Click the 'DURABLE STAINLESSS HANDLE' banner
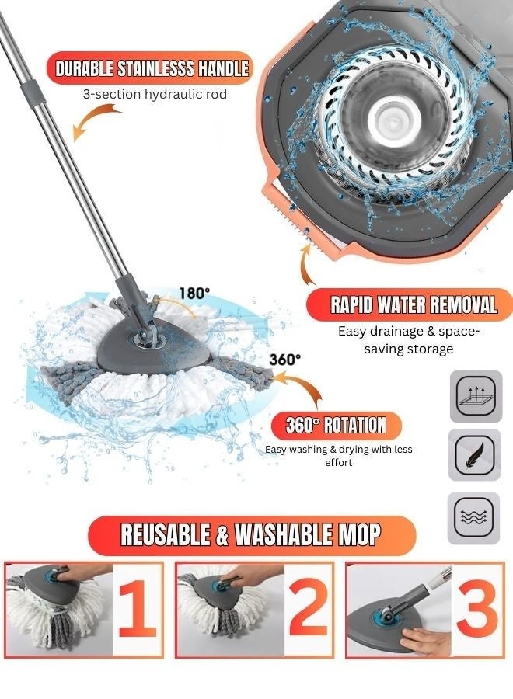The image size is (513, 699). pos(152,68)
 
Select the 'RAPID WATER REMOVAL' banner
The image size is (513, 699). pos(414,304)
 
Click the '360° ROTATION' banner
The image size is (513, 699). pos(336,425)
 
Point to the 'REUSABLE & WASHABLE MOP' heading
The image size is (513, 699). pos(251,534)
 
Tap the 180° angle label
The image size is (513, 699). pos(194,294)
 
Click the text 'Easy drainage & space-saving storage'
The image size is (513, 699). pos(409,339)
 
